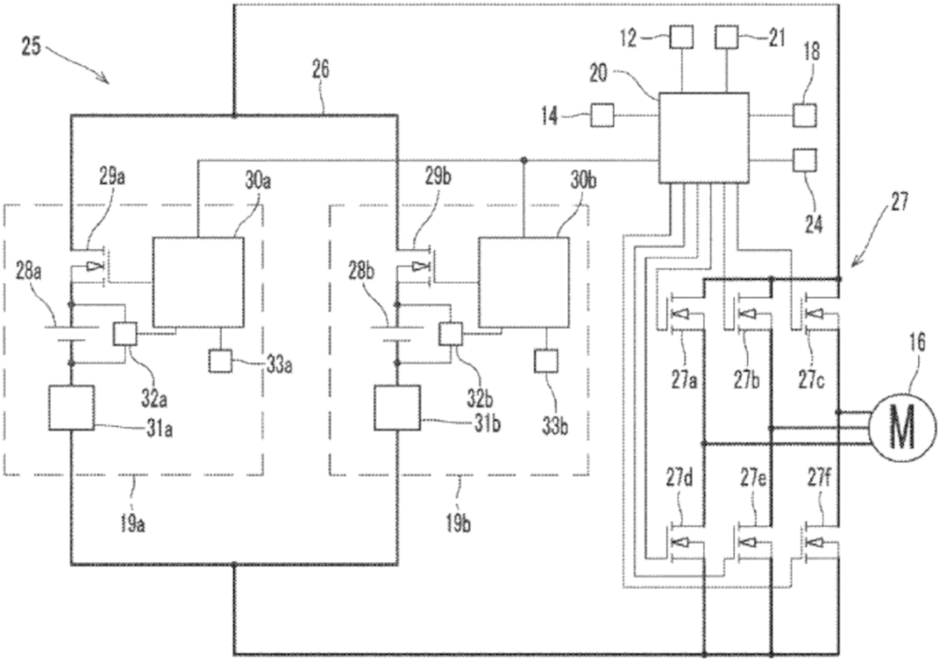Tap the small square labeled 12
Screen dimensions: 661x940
coord(681,37)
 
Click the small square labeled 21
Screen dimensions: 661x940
coord(725,37)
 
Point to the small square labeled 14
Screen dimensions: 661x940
coord(602,115)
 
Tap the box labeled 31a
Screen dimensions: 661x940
coord(71,408)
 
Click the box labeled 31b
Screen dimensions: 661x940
coord(397,408)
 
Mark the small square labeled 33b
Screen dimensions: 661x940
coord(546,360)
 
